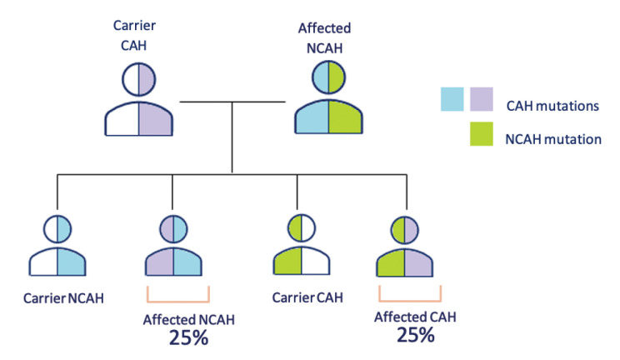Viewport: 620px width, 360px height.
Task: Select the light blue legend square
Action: (x=452, y=100)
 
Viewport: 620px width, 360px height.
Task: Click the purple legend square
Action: (x=482, y=100)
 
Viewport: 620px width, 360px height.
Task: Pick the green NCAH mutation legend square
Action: (x=482, y=138)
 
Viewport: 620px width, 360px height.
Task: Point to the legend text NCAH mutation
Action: (x=553, y=139)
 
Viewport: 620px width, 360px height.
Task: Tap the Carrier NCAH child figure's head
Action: (x=57, y=228)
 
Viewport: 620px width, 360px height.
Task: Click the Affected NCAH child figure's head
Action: (x=173, y=228)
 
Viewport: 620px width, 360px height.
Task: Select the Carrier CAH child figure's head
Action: (x=305, y=228)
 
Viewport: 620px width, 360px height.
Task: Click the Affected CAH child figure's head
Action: (x=406, y=228)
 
